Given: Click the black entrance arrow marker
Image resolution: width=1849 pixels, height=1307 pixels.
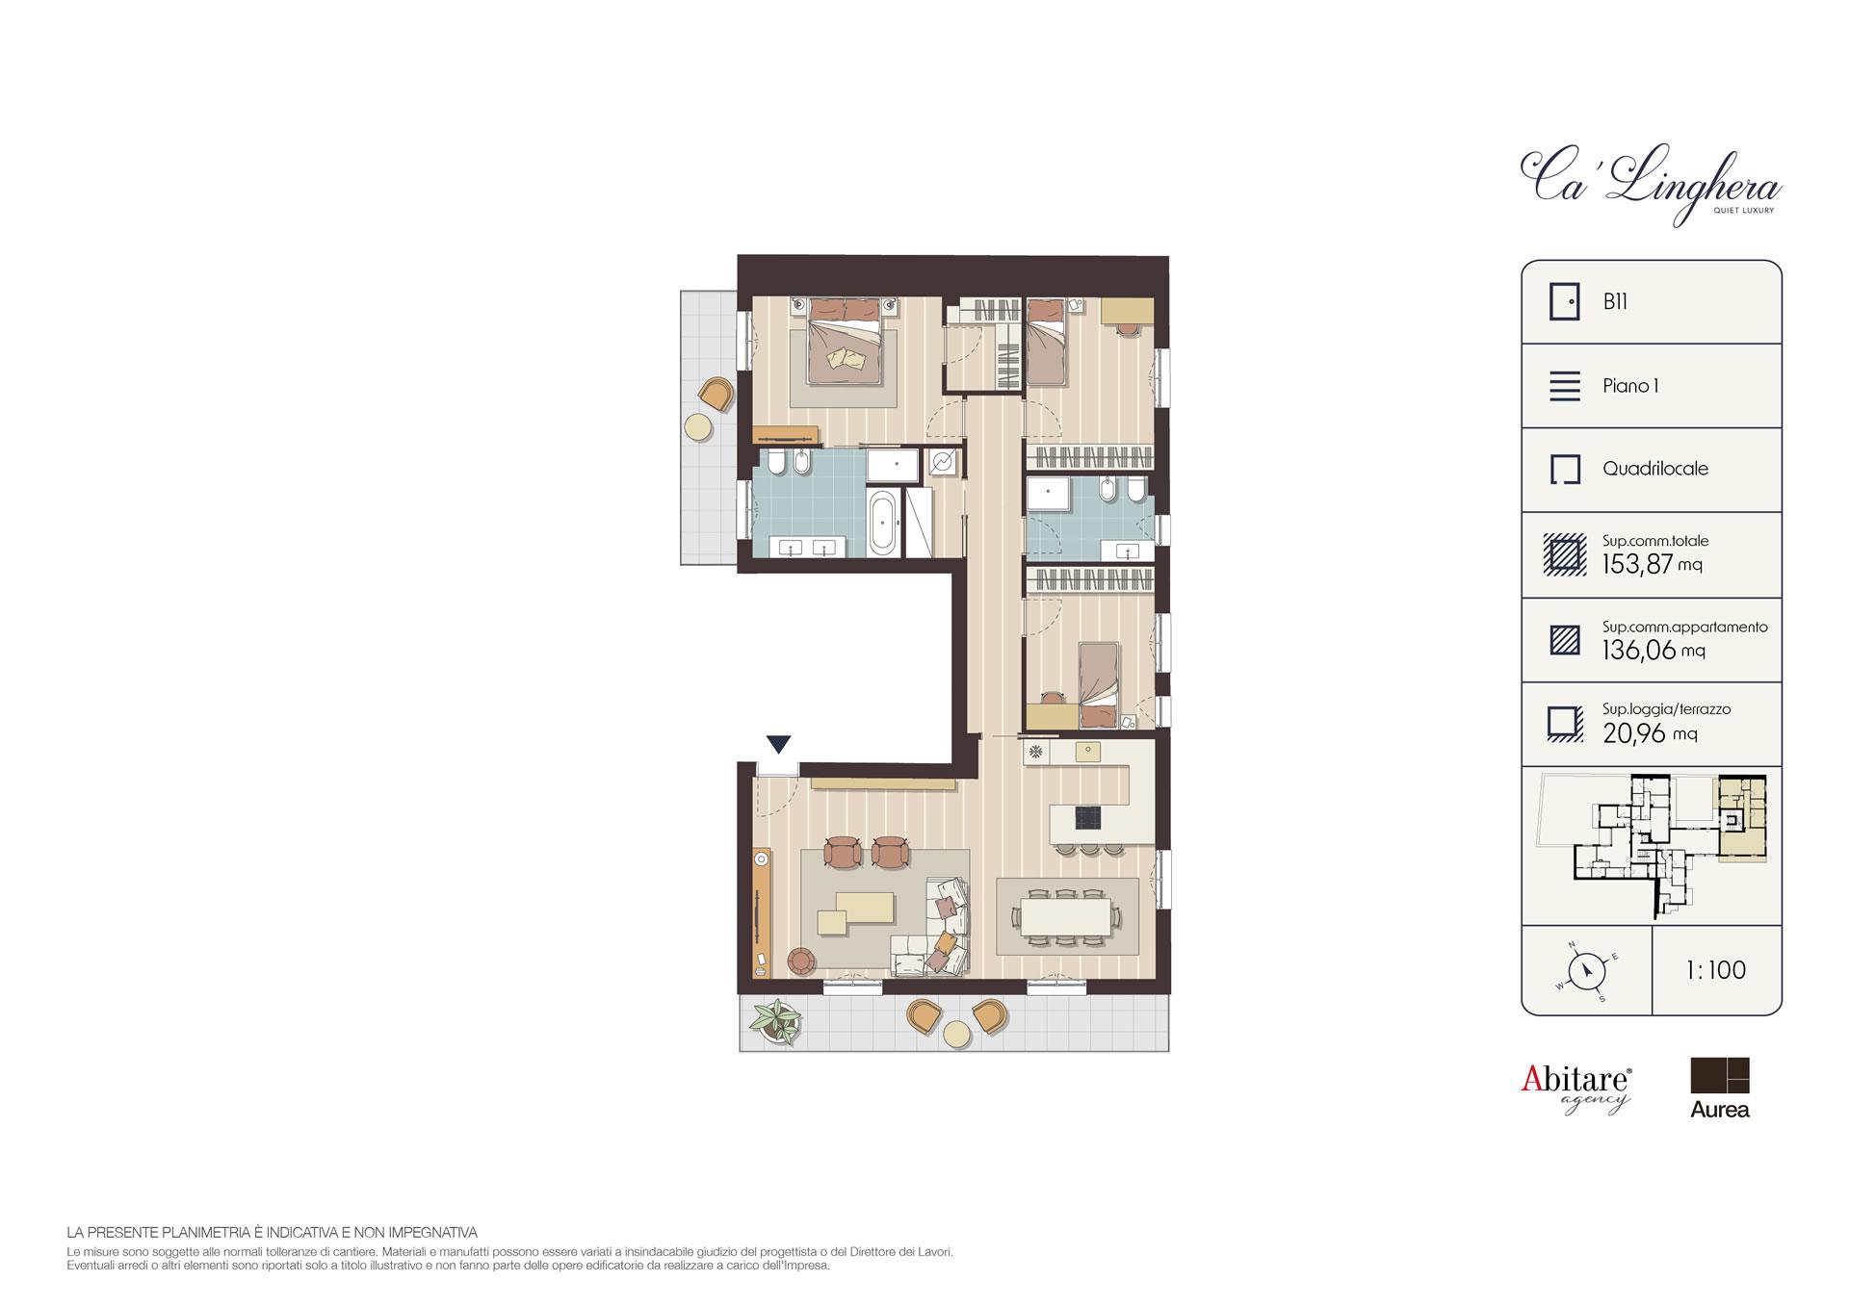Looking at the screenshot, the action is (779, 744).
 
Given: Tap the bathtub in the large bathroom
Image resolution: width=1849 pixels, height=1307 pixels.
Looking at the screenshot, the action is (882, 524).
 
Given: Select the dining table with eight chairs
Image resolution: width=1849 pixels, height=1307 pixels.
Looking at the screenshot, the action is (1067, 916).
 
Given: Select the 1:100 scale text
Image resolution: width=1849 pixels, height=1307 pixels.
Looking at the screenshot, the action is (1716, 970).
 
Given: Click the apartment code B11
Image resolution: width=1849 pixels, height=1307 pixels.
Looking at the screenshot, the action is (1615, 301).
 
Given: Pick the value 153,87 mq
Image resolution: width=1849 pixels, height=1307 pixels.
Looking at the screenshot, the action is (1652, 564).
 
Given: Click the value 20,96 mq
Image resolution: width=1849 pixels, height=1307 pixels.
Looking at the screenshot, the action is (1650, 733).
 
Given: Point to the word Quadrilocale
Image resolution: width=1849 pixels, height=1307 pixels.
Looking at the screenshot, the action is (1655, 469).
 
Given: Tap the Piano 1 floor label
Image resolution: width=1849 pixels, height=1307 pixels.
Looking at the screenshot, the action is (1630, 386).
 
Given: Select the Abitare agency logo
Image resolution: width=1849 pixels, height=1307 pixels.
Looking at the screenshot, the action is (1576, 1088).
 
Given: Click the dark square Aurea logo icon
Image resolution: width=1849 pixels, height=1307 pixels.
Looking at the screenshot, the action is (1720, 1076).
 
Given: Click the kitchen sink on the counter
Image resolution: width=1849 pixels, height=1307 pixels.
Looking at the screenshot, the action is (1088, 752).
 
